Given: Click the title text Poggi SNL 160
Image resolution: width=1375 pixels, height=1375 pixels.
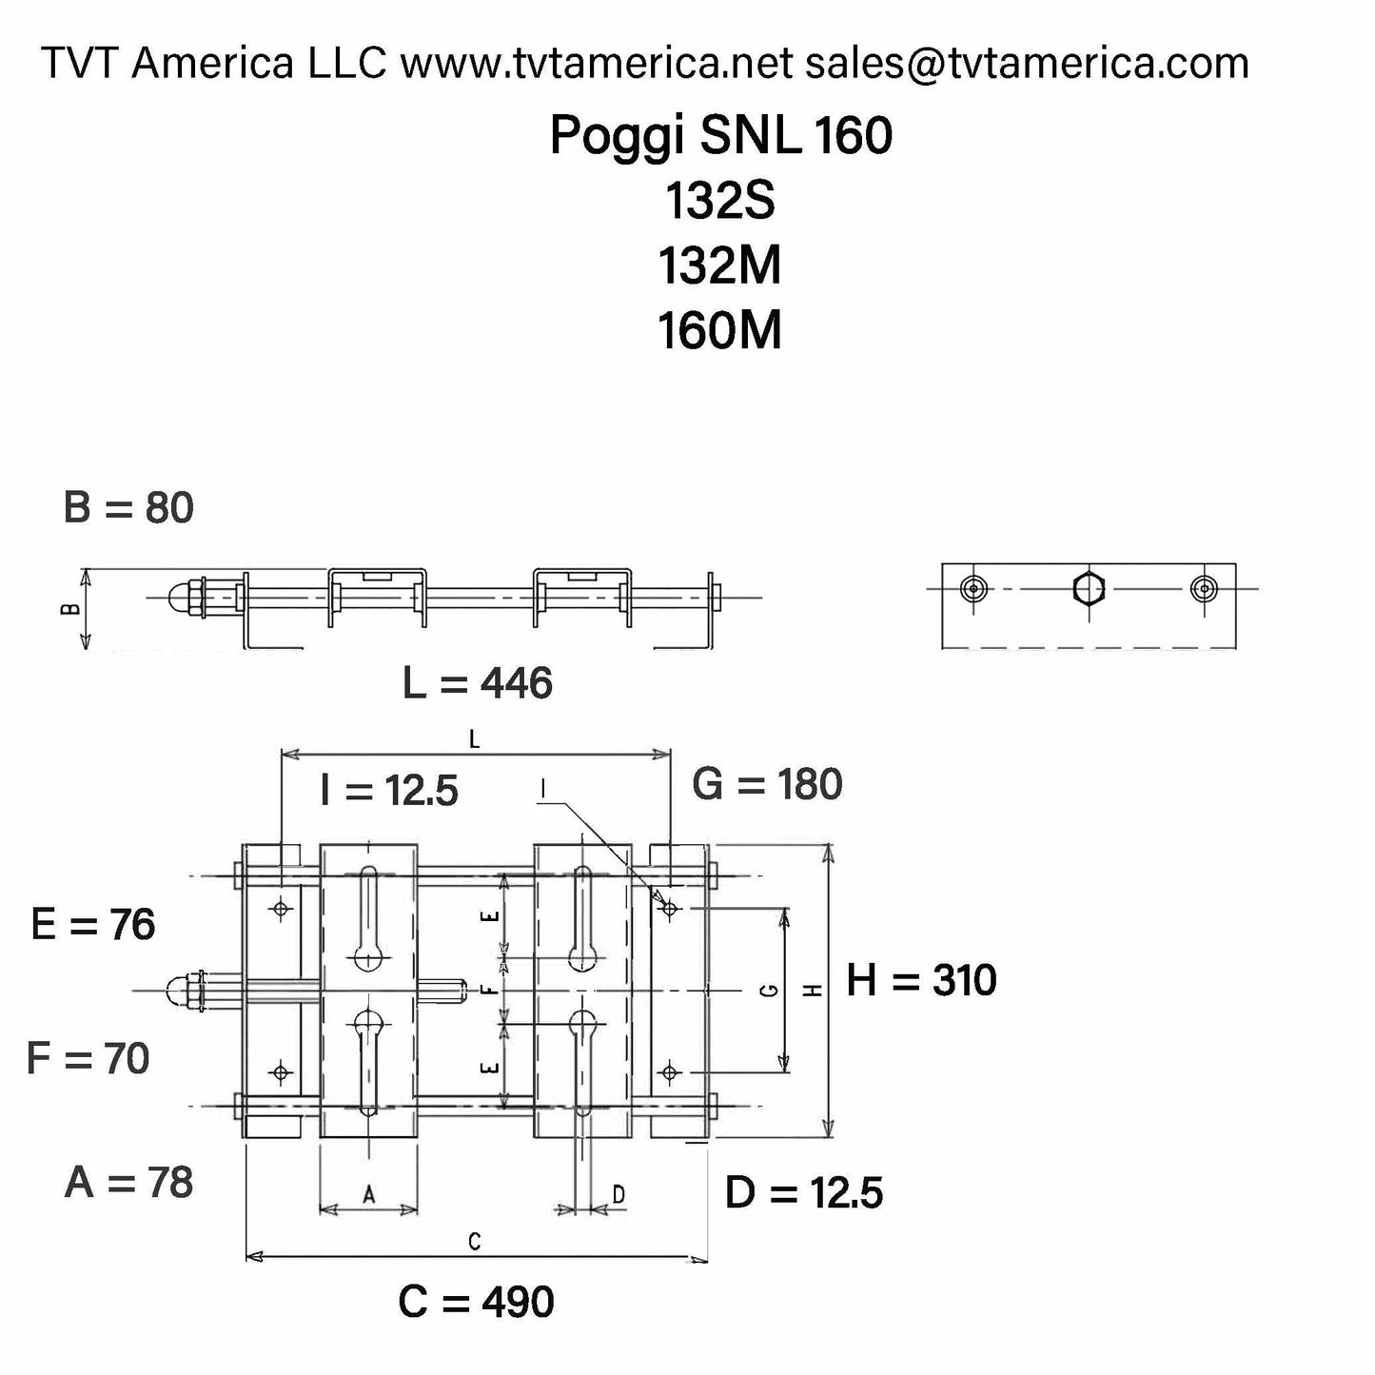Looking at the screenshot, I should [720, 136].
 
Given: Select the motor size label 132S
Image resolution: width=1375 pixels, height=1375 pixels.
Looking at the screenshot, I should [720, 201].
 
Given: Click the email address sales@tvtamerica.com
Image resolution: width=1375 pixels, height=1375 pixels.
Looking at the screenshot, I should [1027, 64].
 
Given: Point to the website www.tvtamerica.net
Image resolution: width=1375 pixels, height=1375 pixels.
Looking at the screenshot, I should [596, 64].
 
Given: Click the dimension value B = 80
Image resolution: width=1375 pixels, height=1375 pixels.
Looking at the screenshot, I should [128, 508].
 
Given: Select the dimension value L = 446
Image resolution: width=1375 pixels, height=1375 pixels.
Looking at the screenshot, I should [478, 683].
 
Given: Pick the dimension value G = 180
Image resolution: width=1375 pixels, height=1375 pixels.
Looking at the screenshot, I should [767, 785].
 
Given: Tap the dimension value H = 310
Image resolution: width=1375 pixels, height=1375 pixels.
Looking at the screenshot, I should [921, 980].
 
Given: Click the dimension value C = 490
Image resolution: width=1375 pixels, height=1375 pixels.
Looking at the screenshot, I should [477, 1302].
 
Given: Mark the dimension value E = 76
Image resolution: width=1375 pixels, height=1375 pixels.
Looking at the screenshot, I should [93, 925].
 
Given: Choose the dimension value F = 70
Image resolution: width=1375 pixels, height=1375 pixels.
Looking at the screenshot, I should [88, 1058].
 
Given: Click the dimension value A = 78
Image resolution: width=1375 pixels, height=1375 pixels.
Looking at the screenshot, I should [129, 1183].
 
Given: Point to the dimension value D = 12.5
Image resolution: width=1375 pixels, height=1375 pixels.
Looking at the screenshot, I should [804, 1193].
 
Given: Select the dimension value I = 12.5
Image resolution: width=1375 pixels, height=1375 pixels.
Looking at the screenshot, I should [389, 791].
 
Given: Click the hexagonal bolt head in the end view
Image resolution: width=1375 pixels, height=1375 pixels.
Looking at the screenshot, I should [1088, 589].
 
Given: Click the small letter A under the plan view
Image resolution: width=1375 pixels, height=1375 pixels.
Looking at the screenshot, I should [369, 1194].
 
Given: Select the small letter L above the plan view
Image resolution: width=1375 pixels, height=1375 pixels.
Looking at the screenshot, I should [475, 739].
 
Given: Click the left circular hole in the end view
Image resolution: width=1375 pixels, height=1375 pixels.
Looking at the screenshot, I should [972, 589].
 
